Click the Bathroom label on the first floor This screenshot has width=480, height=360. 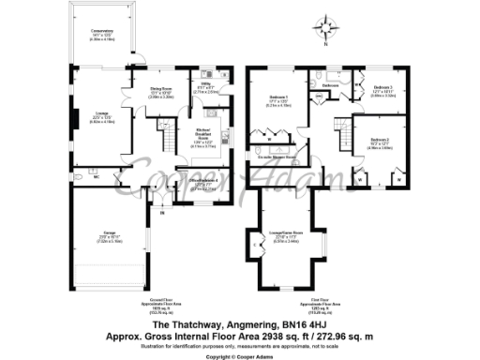[x=330, y=86]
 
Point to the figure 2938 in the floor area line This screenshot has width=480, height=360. [x=283, y=334]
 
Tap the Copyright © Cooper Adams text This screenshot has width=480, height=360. [x=239, y=356]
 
